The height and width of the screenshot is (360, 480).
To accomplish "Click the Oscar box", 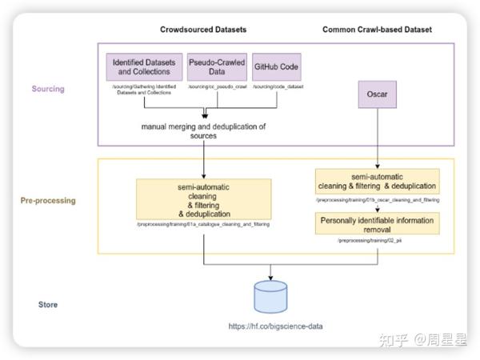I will [x=378, y=102].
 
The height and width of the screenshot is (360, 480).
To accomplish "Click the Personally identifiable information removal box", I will [x=377, y=222].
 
